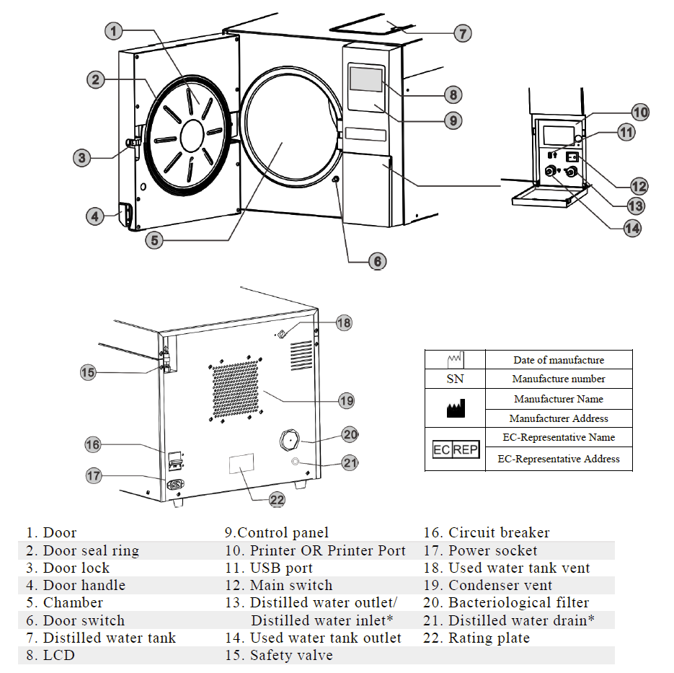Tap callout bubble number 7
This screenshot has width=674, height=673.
462,33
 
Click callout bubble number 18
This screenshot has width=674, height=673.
344,322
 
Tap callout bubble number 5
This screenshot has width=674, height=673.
154,240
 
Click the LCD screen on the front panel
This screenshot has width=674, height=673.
365,79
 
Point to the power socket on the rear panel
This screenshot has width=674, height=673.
175,485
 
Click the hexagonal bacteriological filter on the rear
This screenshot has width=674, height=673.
290,439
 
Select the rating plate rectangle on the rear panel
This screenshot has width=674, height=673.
241,464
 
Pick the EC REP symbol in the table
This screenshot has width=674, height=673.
455,450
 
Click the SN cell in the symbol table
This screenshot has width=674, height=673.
455,379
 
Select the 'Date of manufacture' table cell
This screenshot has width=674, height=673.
559,360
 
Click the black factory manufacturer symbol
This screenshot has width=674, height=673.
456,409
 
